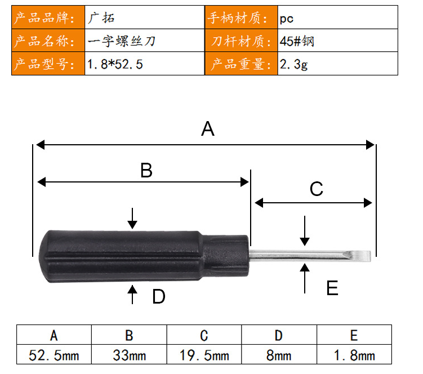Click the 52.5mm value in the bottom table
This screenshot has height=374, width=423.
click(x=54, y=355)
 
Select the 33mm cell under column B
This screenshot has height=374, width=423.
click(x=129, y=355)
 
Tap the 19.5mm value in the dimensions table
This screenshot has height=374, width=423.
click(x=204, y=355)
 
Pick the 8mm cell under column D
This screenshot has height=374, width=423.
click(x=279, y=355)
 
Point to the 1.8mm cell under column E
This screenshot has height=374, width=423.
click(x=354, y=355)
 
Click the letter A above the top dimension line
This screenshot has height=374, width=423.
click(x=208, y=129)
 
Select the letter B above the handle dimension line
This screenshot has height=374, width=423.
click(x=146, y=170)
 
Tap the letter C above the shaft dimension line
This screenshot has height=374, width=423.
click(x=317, y=189)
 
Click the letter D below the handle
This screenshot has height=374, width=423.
click(x=159, y=296)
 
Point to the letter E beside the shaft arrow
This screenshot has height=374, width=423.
click(x=332, y=288)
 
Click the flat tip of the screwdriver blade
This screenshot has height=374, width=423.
click(x=369, y=256)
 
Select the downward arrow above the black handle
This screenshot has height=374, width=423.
click(x=132, y=219)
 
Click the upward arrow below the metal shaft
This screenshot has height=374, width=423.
click(x=305, y=278)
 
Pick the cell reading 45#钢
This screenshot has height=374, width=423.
click(x=297, y=41)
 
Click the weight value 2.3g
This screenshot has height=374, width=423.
click(x=293, y=64)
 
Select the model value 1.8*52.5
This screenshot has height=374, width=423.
click(x=115, y=64)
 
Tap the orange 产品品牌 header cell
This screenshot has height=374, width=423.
click(x=48, y=17)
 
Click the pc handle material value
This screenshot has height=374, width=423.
click(x=287, y=19)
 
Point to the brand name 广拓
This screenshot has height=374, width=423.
click(x=101, y=18)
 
